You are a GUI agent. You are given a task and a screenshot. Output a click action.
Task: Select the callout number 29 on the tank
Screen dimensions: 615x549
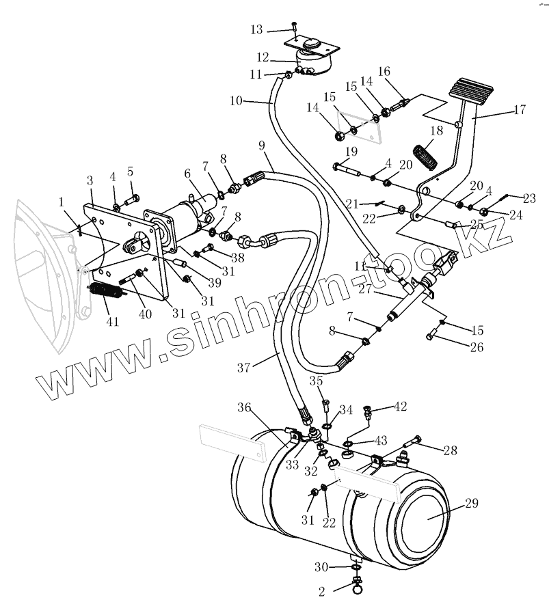click(472, 504)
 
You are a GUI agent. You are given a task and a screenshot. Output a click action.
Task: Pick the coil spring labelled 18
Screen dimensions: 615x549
click(425, 156)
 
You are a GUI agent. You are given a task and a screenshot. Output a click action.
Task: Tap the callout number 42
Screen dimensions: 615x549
click(400, 407)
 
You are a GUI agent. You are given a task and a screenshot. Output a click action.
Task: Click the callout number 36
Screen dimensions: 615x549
click(244, 407)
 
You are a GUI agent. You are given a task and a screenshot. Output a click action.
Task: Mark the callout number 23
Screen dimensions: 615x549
click(529, 199)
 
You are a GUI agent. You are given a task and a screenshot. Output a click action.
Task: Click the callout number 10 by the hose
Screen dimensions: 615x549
click(237, 100)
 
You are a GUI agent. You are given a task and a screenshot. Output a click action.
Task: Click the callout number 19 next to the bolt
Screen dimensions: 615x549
click(351, 151)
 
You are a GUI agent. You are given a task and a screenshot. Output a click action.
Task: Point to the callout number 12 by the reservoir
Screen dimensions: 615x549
click(263, 56)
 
